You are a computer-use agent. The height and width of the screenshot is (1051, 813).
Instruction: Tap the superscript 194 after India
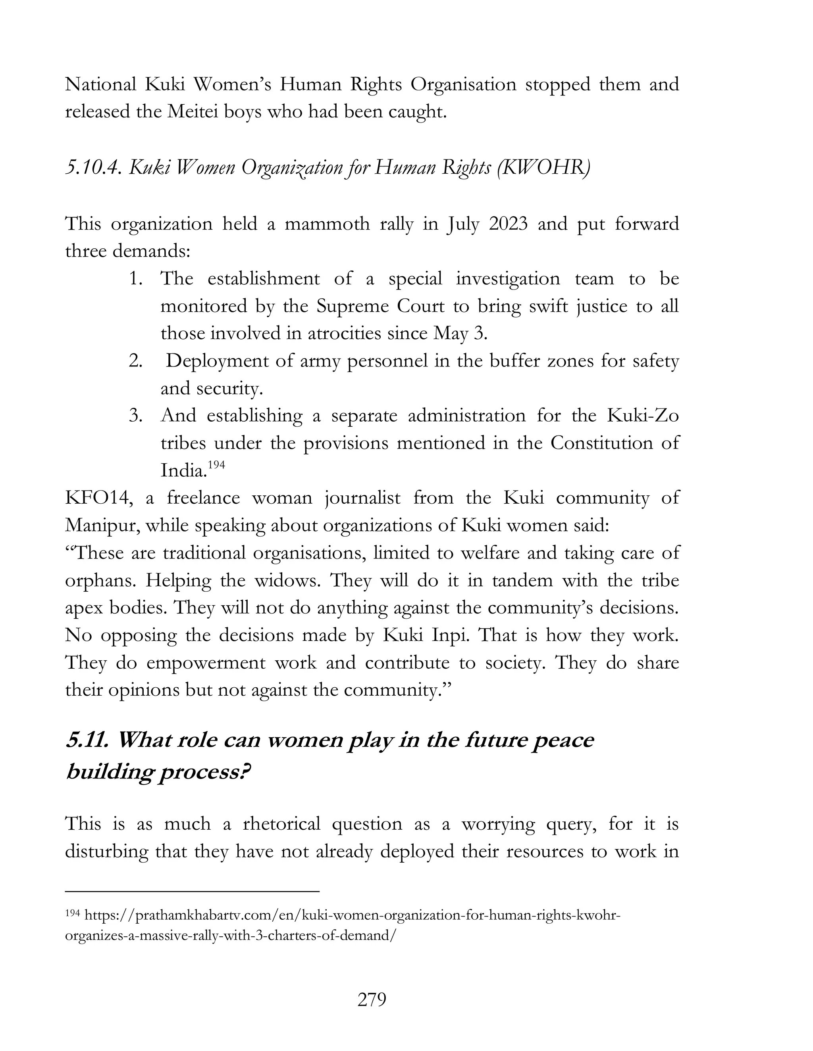click(216, 465)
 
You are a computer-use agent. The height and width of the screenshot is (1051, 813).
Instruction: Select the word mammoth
click(327, 224)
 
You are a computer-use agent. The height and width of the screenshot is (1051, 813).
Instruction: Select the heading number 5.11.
click(87, 740)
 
